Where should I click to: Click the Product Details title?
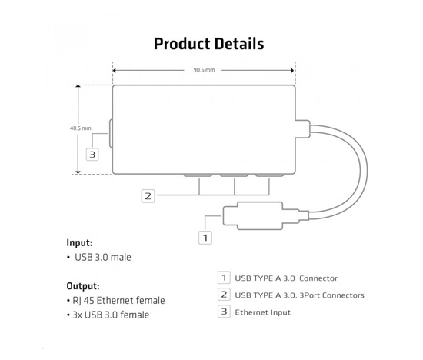pos(208,44)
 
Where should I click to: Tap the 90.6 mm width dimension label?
pos(204,70)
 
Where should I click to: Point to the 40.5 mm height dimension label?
pos(81,128)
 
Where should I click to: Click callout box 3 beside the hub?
pos(92,155)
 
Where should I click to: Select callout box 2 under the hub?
pos(148,196)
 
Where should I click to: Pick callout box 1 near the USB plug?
pos(205,238)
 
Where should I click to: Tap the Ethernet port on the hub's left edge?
pos(111,134)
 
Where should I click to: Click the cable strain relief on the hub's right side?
pos(303,129)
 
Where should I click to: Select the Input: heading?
pos(79,243)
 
